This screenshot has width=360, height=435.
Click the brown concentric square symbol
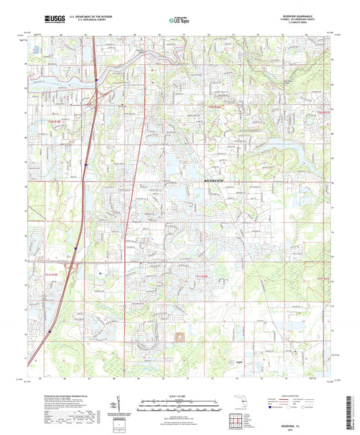coord(180,337)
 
